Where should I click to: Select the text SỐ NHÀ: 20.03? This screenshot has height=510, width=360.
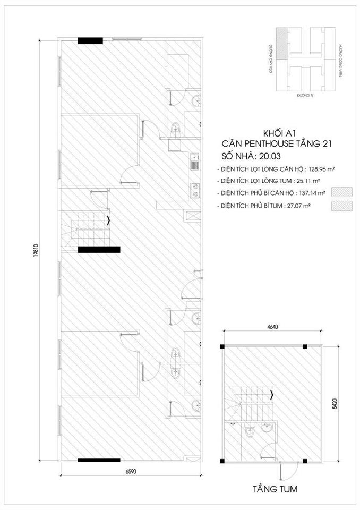tap(250, 156)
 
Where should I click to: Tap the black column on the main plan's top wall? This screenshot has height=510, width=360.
tap(90, 40)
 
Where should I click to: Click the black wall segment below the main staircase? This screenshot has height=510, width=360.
tap(99, 249)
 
